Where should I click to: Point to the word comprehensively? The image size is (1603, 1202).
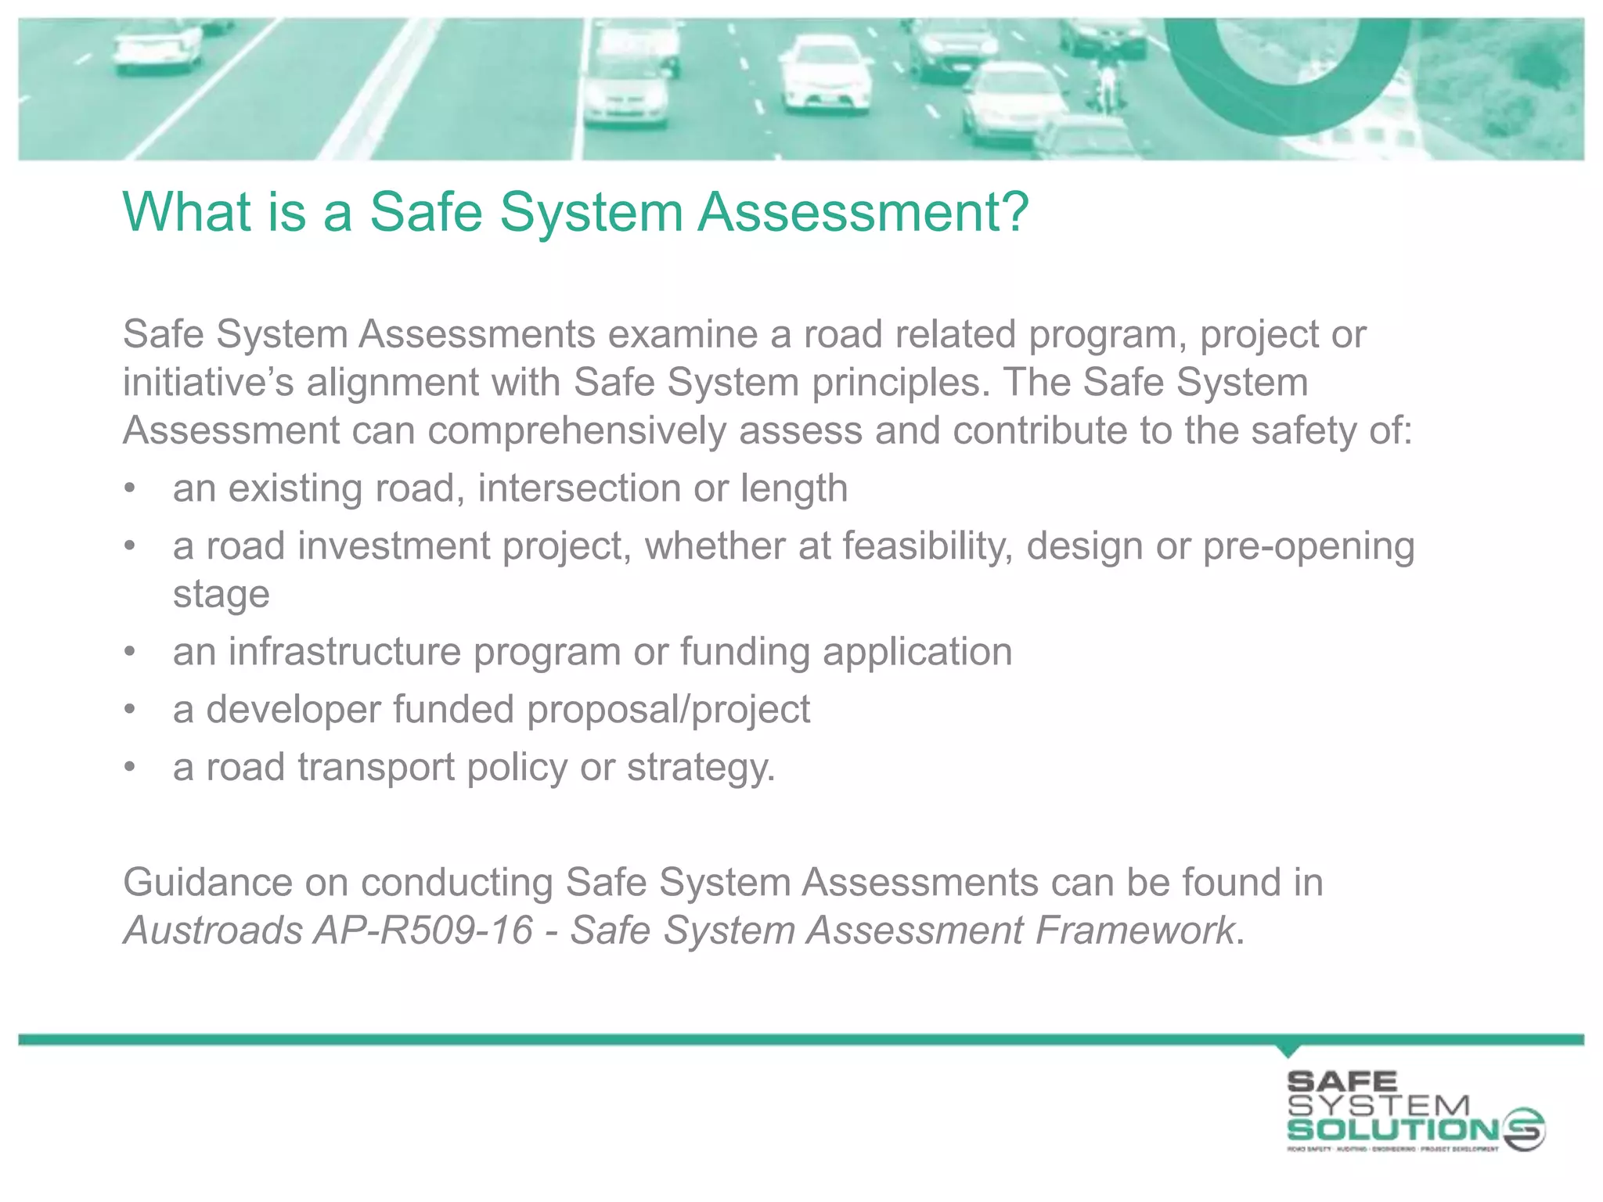tap(577, 431)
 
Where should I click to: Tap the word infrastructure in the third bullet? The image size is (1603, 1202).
tap(344, 652)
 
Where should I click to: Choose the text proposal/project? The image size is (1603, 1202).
tap(668, 710)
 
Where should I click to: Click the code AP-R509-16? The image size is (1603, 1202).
tap(423, 931)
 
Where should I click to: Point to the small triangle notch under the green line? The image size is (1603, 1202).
tap(1288, 1049)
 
